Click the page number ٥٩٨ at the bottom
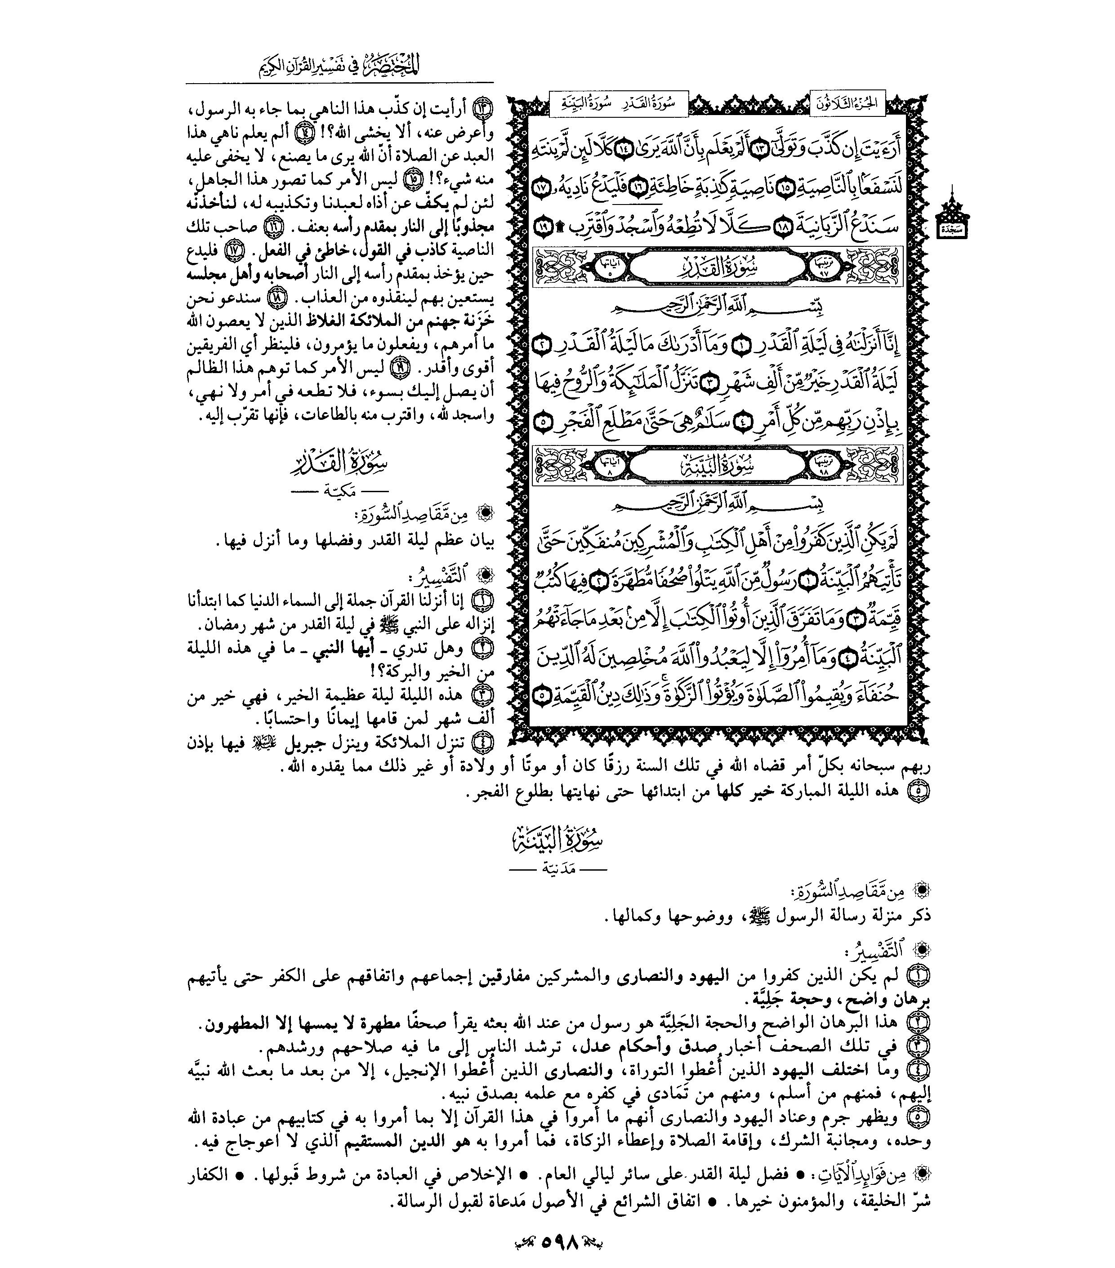pyautogui.click(x=560, y=1243)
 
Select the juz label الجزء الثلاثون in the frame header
pyautogui.click(x=847, y=103)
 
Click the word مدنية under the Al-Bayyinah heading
pyautogui.click(x=557, y=869)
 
